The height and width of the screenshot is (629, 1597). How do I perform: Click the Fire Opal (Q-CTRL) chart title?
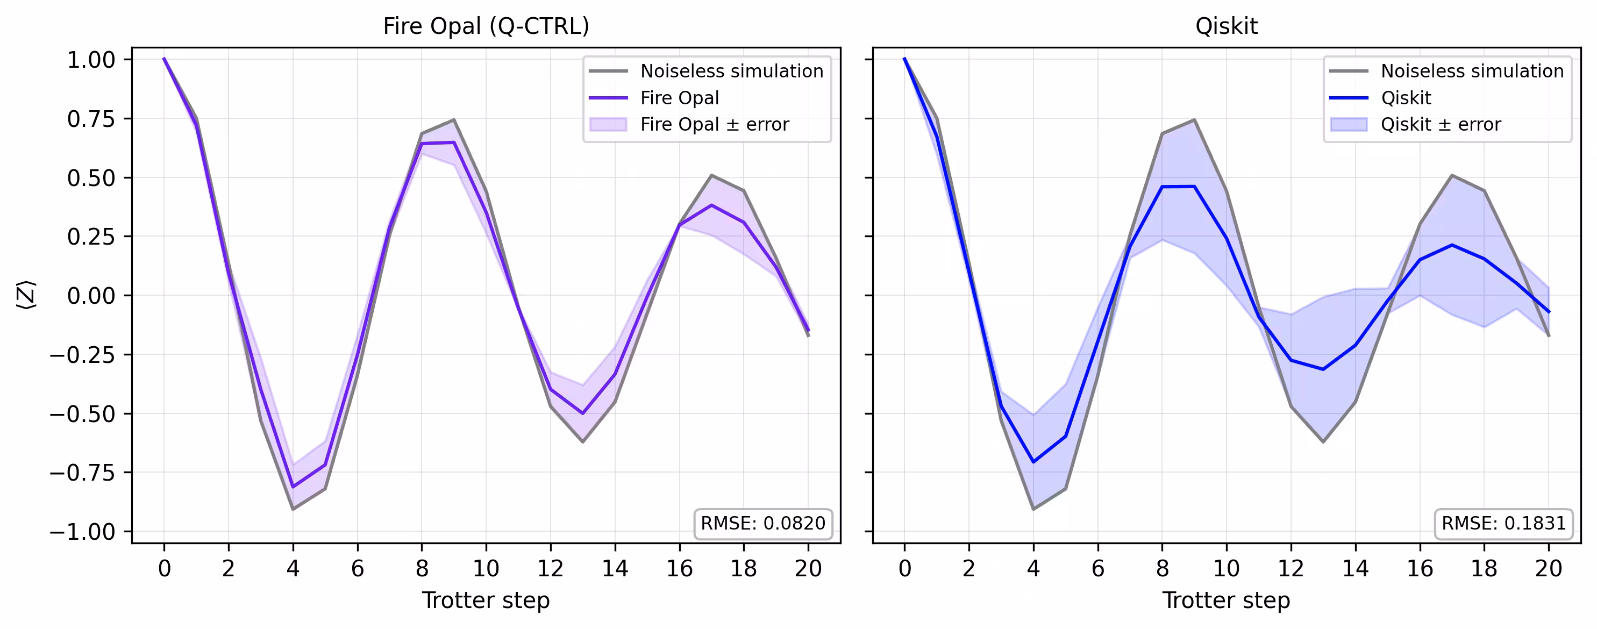tap(486, 26)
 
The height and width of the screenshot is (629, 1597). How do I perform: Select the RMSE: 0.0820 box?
tap(762, 523)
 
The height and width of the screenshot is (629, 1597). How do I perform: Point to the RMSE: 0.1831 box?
tap(1503, 523)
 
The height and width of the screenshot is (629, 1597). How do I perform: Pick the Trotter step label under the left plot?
tap(486, 600)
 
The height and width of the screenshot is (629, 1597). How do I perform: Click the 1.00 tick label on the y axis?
tap(91, 60)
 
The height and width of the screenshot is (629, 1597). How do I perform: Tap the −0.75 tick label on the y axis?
tap(82, 473)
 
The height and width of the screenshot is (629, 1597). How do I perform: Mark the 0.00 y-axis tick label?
tap(91, 296)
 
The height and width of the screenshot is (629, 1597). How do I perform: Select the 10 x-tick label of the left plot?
tap(486, 568)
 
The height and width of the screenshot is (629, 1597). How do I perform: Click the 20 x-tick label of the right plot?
tap(1548, 568)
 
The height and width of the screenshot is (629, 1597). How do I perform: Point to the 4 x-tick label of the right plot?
tap(1033, 568)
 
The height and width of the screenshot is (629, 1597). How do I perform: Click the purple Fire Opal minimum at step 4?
tap(293, 487)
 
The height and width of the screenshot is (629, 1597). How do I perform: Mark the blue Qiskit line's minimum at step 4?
tap(1033, 462)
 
